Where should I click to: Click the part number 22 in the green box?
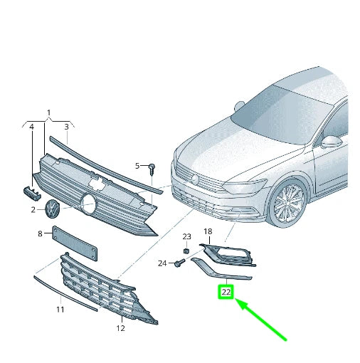(x=226, y=291)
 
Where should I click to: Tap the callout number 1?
(x=48, y=113)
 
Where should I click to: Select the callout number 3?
(x=66, y=127)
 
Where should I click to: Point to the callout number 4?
(x=31, y=127)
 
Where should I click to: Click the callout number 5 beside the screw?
(x=138, y=166)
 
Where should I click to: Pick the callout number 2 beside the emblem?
(x=33, y=209)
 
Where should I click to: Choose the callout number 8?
(x=40, y=233)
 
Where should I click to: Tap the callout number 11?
(x=60, y=309)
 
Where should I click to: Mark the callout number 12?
(x=120, y=328)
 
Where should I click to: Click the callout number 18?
(x=208, y=232)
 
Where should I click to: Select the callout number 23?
(x=186, y=236)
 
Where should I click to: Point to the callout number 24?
(x=162, y=263)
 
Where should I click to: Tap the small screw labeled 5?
(x=152, y=168)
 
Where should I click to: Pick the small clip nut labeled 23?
(x=186, y=250)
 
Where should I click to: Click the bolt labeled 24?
(x=177, y=263)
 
